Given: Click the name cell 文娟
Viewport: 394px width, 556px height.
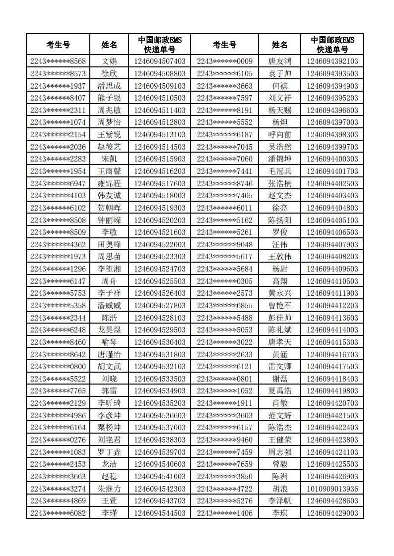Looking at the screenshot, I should point(109,61).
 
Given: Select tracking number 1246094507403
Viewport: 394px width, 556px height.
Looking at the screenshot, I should point(160,61).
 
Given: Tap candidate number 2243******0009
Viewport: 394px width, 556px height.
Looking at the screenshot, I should point(224,61).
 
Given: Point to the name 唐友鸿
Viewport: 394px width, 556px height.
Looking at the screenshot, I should point(280,61).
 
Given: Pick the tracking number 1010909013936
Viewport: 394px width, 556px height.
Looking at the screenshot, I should point(332,489).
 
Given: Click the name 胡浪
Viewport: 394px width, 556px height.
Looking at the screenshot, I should point(280,489).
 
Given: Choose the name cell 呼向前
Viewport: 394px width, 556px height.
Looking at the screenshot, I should point(280,135).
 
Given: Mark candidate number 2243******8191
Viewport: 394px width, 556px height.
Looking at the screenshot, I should point(224,110).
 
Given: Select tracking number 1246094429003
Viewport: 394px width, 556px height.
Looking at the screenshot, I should point(332,513).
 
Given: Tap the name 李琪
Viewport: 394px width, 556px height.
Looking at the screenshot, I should point(280,513).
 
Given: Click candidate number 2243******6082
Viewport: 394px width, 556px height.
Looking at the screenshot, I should point(58,513).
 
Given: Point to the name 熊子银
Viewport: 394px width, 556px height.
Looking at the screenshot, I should point(109,98).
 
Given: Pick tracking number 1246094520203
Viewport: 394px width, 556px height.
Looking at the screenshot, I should point(160,220).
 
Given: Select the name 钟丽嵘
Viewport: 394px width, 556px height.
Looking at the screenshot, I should point(109,220).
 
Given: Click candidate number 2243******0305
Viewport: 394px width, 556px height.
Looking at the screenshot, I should point(224,281).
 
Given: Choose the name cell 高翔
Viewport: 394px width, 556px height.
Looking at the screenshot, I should point(280,281).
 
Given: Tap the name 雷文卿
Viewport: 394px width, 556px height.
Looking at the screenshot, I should point(280,367).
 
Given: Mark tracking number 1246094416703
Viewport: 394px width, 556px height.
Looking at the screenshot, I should point(332,354).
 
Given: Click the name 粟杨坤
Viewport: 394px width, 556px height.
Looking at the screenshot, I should point(109,428).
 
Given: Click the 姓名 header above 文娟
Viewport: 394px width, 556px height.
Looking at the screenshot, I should point(109,45).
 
